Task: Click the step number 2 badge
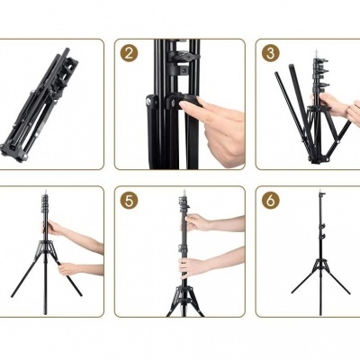click(130, 52)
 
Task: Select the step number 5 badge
click(130, 200)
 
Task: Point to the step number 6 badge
click(270, 200)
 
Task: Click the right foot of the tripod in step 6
click(348, 292)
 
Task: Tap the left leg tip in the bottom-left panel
click(13, 295)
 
